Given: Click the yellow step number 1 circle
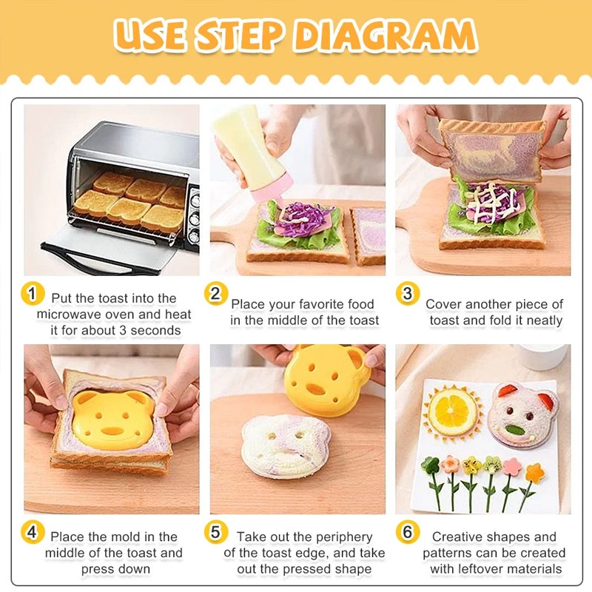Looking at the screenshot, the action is [x=33, y=294].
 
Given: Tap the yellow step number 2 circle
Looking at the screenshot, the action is [x=216, y=294].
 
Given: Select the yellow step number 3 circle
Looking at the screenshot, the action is [x=408, y=294].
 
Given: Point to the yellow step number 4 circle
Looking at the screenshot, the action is [x=33, y=532].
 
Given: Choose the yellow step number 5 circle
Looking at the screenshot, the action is [x=216, y=532].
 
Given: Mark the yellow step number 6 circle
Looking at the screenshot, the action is [x=408, y=532].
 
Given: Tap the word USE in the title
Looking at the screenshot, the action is [x=150, y=36].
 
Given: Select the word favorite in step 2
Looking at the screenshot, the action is [x=322, y=304].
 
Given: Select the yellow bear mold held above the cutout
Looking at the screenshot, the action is [x=328, y=380].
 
